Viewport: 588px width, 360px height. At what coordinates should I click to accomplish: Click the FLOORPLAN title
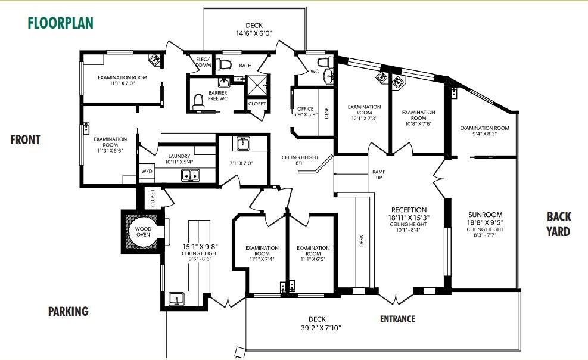click(x=60, y=24)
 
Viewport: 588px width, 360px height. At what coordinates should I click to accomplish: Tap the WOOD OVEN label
click(x=143, y=232)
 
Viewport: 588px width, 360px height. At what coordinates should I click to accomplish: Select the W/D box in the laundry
click(x=147, y=172)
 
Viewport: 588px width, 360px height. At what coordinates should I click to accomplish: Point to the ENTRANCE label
click(x=397, y=319)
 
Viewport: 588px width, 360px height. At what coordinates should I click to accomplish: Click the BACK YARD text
click(x=558, y=224)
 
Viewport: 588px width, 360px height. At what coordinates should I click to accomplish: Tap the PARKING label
click(x=68, y=311)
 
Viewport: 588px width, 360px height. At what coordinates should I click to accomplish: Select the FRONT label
click(x=25, y=140)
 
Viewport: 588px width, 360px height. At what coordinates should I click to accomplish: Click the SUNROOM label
click(x=485, y=215)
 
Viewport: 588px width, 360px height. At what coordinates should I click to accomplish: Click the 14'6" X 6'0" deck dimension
click(x=254, y=34)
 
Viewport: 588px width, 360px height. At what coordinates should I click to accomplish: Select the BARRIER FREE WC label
click(x=217, y=96)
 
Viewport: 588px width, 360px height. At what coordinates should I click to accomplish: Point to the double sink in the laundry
click(x=191, y=175)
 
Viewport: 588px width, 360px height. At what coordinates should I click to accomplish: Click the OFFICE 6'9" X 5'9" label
click(x=304, y=111)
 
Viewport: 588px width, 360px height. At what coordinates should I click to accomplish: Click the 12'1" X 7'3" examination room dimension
click(x=364, y=118)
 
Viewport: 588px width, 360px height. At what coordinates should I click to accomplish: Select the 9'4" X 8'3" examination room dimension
click(x=484, y=134)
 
